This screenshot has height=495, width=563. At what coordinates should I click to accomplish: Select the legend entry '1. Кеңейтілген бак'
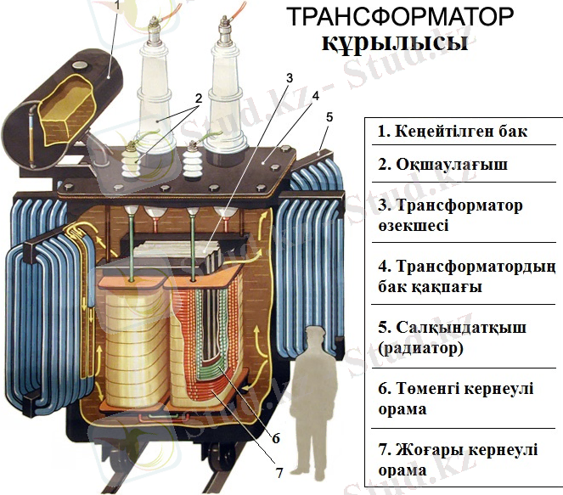(453, 132)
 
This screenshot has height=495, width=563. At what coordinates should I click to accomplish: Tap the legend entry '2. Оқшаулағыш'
(442, 164)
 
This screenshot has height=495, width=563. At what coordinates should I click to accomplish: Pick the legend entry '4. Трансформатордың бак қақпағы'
(465, 276)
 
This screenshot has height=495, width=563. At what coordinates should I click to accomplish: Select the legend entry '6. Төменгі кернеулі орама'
(455, 398)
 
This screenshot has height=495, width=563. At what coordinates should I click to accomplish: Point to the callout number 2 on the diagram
(198, 98)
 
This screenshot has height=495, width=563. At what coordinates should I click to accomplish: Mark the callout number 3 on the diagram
(289, 78)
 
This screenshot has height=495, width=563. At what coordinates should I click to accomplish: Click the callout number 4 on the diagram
(315, 95)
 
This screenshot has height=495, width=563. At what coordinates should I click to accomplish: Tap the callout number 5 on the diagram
(329, 116)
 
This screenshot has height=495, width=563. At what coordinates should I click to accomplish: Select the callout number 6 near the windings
(276, 439)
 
